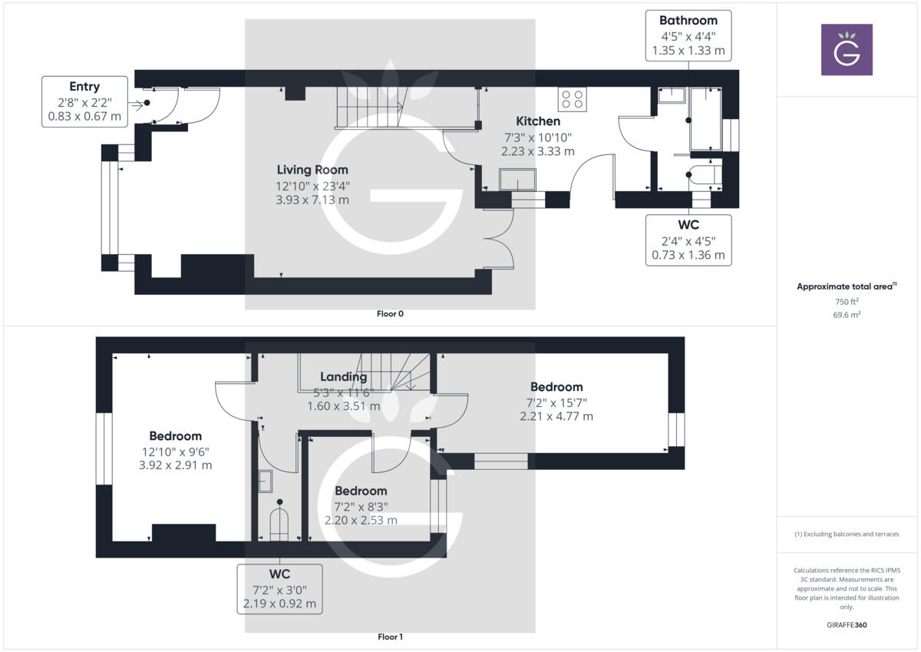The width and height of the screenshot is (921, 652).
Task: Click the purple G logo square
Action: tap(847, 49)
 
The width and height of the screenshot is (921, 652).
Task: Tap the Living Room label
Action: tap(312, 170)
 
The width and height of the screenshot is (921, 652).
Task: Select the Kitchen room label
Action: tap(537, 121)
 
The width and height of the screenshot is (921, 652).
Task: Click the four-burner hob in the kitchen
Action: tap(573, 100)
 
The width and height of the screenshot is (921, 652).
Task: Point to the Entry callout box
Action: tap(84, 101)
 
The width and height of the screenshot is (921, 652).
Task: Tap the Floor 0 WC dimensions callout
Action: tap(688, 240)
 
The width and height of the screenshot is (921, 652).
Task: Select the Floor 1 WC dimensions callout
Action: tap(279, 589)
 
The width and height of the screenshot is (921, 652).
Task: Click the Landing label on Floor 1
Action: tap(344, 376)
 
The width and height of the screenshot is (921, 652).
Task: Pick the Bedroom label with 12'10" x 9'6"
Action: tap(176, 436)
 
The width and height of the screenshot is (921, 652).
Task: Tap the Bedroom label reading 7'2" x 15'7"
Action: tap(556, 387)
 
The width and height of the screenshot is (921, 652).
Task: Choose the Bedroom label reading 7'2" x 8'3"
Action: tap(361, 491)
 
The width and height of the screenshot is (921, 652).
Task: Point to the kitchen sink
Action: tap(518, 180)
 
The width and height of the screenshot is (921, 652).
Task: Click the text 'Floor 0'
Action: tap(390, 314)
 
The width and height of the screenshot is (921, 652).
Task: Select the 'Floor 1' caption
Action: tap(390, 637)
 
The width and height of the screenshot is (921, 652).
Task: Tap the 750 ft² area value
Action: tap(847, 302)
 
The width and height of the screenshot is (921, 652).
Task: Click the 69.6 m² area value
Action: tap(847, 315)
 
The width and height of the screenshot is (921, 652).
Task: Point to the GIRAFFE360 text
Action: tap(847, 625)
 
